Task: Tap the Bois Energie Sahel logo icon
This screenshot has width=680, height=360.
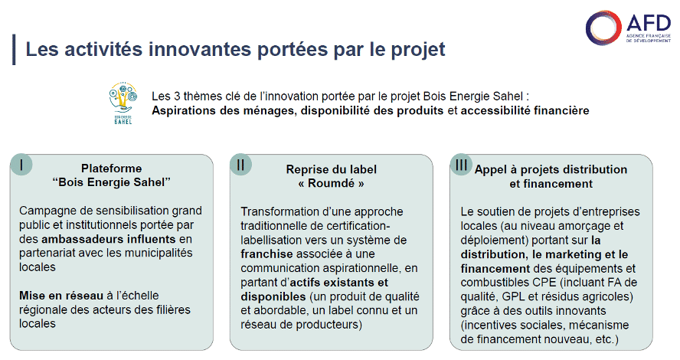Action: click(123, 103)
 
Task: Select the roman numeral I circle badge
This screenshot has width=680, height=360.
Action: click(21, 165)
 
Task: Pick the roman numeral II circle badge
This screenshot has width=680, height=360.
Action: click(240, 165)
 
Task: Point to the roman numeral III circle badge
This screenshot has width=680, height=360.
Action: click(460, 165)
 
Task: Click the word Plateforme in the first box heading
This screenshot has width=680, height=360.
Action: click(112, 169)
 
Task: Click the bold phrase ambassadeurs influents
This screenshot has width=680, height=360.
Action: click(109, 239)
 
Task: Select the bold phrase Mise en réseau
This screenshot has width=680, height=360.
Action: click(61, 296)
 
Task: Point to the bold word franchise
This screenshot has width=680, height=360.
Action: click(266, 254)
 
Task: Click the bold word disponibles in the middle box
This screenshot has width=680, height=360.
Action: click(273, 296)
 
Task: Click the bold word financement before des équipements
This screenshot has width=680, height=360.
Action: click(495, 269)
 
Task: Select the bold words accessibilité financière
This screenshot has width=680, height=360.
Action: click(525, 110)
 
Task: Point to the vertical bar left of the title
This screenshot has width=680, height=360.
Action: click(15, 50)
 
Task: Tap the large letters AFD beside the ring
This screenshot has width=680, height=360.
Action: click(649, 22)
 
